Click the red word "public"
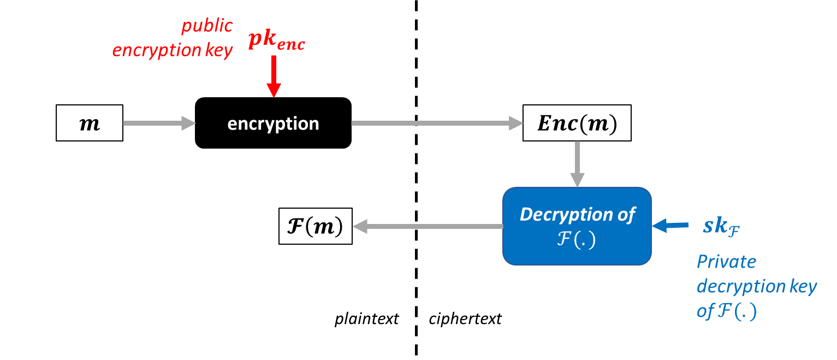(x=207, y=26)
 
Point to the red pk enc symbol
(x=276, y=41)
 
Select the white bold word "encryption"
(x=273, y=124)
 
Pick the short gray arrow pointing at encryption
(x=159, y=123)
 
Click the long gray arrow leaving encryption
(x=437, y=123)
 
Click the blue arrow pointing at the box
(x=670, y=225)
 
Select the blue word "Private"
(x=726, y=262)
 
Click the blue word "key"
(x=802, y=286)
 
